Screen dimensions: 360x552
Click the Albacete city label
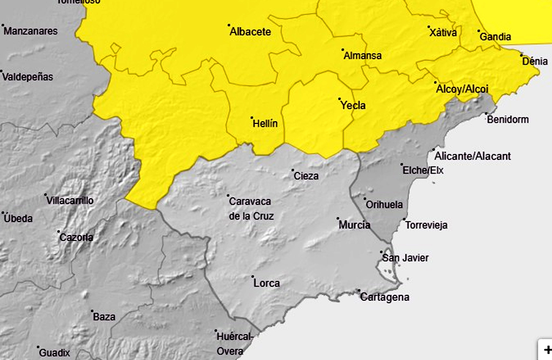[250, 32]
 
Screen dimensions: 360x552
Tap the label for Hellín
[265, 124]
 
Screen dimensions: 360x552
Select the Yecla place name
[353, 106]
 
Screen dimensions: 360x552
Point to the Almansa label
[362, 56]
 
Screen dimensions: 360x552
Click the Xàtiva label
[443, 33]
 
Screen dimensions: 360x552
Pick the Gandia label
[495, 37]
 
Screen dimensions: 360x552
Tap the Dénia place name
[535, 61]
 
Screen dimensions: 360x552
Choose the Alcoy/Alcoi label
[462, 89]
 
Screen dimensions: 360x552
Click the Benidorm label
[507, 120]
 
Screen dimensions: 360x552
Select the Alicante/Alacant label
[472, 156]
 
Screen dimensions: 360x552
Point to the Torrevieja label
[426, 225]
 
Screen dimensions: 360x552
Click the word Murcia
[354, 225]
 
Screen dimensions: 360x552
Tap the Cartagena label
[385, 297]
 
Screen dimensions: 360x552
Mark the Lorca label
[266, 283]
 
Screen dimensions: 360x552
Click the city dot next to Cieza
[293, 170]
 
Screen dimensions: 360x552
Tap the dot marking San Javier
[381, 252]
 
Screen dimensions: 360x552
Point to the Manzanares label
[30, 31]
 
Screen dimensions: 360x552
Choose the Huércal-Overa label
[233, 344]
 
